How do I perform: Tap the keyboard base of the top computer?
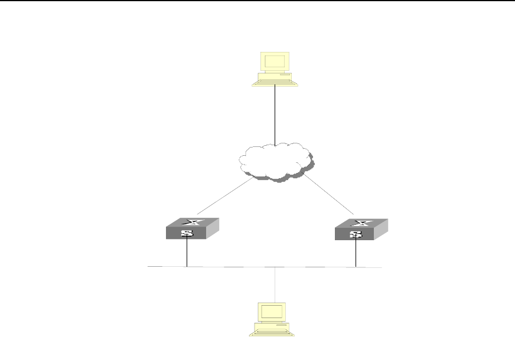[x=274, y=81]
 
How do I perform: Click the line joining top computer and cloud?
[x=275, y=115]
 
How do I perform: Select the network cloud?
[x=274, y=159]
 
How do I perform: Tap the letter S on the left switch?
[x=187, y=233]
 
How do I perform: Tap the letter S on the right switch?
[x=356, y=234]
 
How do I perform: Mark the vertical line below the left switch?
[x=187, y=253]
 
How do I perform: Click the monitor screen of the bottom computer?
[x=272, y=312]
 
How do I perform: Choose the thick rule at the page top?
[x=257, y=1]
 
